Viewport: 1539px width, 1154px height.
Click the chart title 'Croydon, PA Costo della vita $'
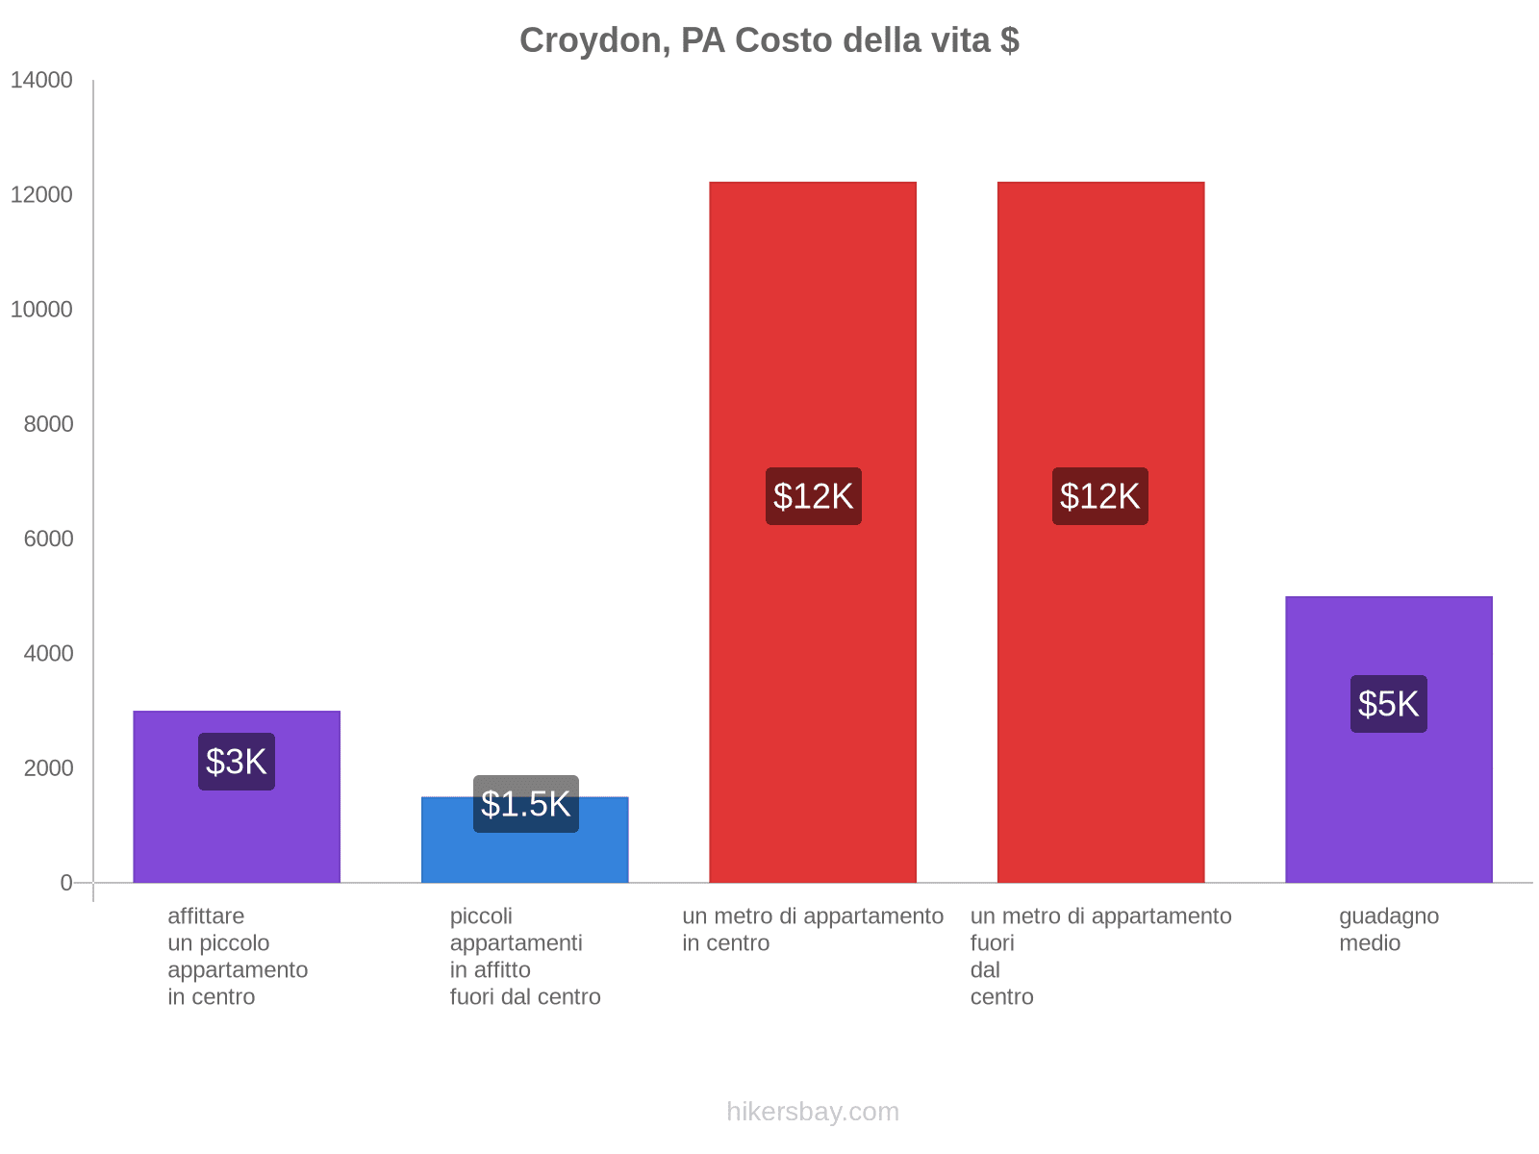[x=769, y=40]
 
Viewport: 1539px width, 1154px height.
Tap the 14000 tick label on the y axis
[x=41, y=81]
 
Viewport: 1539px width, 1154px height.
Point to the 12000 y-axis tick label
[x=41, y=195]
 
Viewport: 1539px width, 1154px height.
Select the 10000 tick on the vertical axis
[x=41, y=310]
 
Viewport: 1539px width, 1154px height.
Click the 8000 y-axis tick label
[x=48, y=424]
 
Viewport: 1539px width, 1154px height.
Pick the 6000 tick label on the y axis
[x=48, y=539]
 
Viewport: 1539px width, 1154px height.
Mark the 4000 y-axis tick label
[x=48, y=654]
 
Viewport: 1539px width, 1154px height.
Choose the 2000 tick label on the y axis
[x=48, y=768]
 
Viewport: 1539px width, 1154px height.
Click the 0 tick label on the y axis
[x=66, y=883]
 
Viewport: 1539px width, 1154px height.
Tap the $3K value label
[x=237, y=762]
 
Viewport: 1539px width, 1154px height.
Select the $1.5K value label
[x=525, y=804]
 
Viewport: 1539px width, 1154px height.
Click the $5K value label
[x=1388, y=704]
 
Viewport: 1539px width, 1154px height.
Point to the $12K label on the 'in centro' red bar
[x=813, y=496]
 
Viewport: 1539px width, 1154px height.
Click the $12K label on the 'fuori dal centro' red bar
[x=1099, y=496]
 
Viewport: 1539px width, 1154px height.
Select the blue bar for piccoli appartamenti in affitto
[x=525, y=856]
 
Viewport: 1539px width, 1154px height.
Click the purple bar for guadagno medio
[x=1388, y=798]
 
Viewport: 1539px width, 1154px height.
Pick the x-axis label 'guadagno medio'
[x=1388, y=929]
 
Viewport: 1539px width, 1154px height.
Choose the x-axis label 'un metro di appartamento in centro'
[x=813, y=929]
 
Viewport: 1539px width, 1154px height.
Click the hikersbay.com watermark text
[x=813, y=1112]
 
